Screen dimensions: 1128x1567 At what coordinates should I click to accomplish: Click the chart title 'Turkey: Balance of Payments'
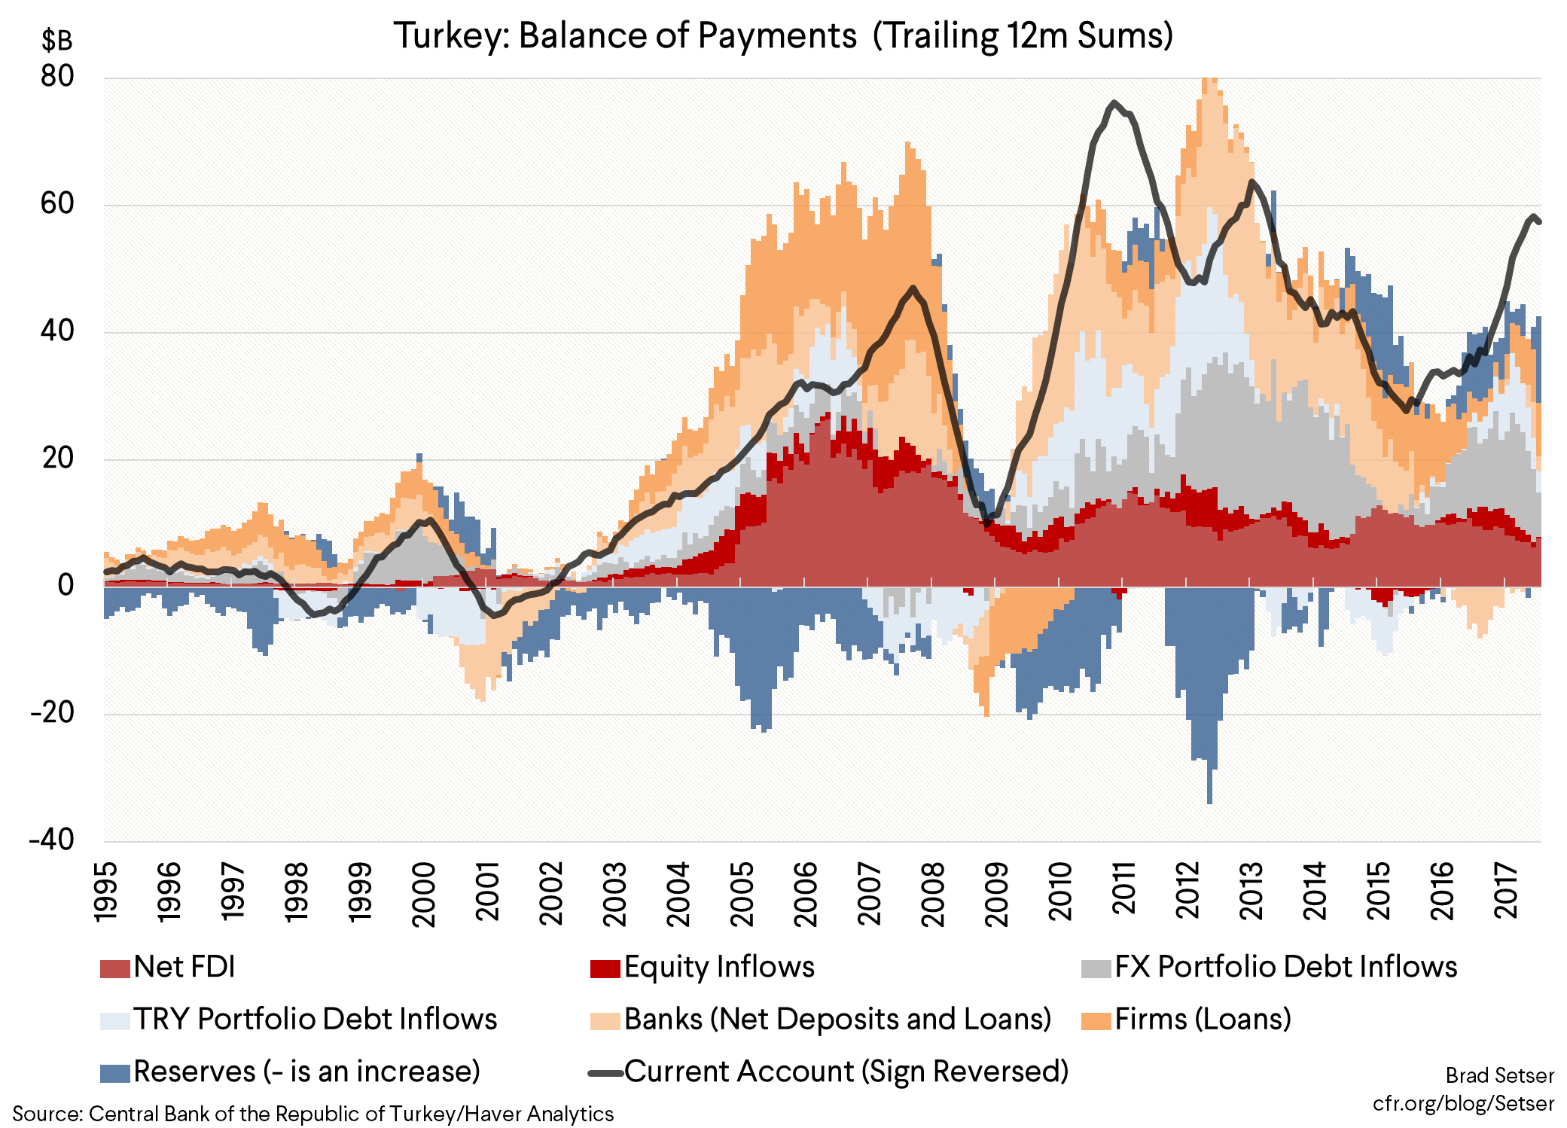tap(625, 35)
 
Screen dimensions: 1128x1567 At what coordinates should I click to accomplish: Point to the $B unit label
tap(57, 41)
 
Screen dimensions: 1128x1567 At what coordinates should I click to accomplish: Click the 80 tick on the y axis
tap(57, 77)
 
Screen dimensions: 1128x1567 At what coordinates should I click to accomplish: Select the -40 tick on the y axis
tap(51, 840)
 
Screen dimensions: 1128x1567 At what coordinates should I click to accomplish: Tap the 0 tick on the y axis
tap(66, 585)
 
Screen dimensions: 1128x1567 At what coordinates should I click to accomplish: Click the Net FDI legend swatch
tap(114, 968)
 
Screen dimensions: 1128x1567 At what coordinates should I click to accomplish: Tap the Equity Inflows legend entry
tap(718, 967)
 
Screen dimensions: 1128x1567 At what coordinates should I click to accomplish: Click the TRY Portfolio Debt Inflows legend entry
tap(315, 1020)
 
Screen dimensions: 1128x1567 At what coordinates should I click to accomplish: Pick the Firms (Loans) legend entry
tap(1202, 1020)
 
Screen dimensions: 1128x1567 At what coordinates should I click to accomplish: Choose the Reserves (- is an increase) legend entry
tap(306, 1072)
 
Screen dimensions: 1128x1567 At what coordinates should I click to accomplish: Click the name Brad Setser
tap(1499, 1075)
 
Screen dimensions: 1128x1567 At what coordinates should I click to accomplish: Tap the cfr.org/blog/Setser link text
tap(1462, 1104)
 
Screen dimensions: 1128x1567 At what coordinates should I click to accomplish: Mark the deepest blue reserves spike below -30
tap(1209, 800)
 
